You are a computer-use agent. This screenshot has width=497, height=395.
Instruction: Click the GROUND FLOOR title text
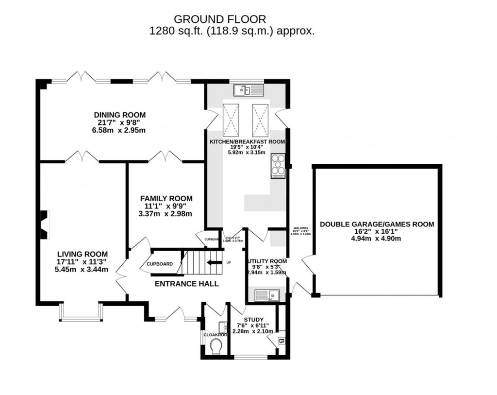[x=220, y=19]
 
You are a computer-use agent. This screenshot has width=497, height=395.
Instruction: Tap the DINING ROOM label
[x=119, y=115]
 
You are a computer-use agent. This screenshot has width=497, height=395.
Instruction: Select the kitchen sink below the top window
[x=248, y=90]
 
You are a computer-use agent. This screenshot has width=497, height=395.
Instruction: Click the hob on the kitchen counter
[x=278, y=167]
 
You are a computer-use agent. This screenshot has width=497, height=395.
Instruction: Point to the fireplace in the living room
[x=44, y=225]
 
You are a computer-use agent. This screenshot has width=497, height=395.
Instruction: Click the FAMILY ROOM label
[x=166, y=199]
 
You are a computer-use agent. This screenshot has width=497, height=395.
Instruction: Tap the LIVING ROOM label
[x=82, y=254]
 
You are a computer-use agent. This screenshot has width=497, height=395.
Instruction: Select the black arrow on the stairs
[x=212, y=263]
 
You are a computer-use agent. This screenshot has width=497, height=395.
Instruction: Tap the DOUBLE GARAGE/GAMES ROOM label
[x=377, y=224]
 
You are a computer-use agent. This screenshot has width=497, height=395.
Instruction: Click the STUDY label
[x=253, y=320]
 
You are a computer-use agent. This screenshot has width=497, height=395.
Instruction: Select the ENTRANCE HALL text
[x=186, y=284]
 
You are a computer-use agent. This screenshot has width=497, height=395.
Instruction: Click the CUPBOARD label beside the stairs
[x=159, y=264]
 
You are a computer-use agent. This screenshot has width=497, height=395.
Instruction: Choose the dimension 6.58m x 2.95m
[x=119, y=130]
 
